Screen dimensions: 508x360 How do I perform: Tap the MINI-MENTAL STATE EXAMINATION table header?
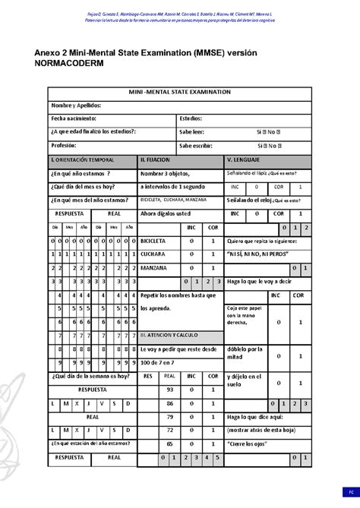pyautogui.click(x=180, y=91)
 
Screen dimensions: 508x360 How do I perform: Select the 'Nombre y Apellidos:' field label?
pyautogui.click(x=76, y=105)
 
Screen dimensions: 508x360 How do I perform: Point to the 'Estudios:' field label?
pyautogui.click(x=191, y=118)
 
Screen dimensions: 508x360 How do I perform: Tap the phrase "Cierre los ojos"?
pyautogui.click(x=254, y=443)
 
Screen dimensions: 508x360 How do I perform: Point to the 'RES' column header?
pyautogui.click(x=148, y=377)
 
